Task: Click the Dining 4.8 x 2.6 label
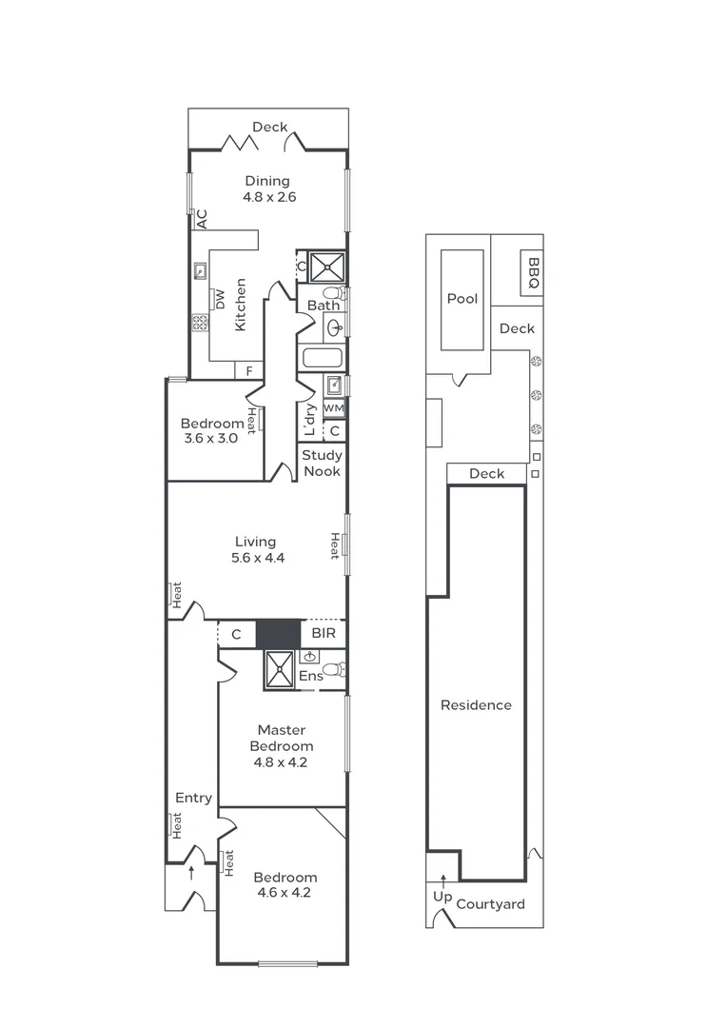point(267,189)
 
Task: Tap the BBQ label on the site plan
point(533,273)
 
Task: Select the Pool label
point(462,299)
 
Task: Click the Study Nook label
point(323,463)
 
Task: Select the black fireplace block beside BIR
point(279,634)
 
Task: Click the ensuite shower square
point(281,669)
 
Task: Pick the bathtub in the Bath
point(322,359)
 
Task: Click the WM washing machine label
point(333,407)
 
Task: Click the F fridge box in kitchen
point(249,370)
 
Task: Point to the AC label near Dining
point(201,219)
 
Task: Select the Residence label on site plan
point(476,705)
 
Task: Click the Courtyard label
point(490,904)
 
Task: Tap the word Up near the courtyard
point(442,898)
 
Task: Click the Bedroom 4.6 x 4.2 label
point(285,885)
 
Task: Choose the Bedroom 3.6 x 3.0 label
point(212,431)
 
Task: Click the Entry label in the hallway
point(193,798)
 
